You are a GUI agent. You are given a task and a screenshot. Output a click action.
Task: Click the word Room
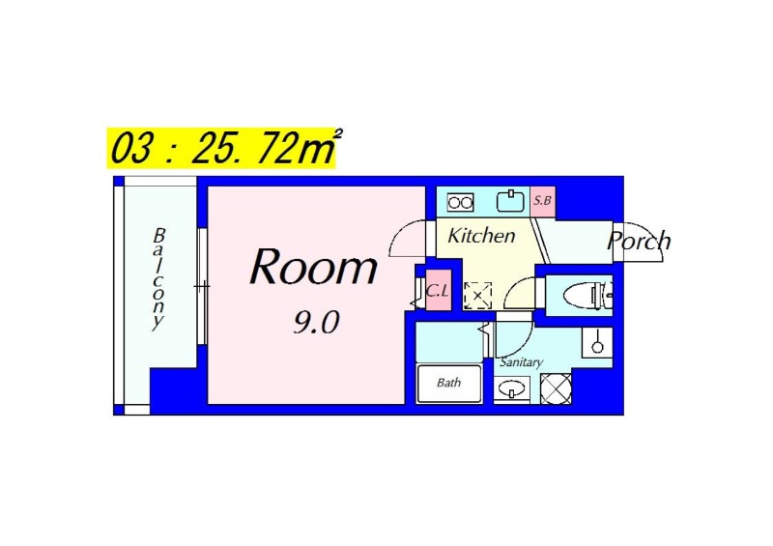pyautogui.click(x=314, y=267)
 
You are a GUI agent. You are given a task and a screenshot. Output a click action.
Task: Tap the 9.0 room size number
pyautogui.click(x=316, y=323)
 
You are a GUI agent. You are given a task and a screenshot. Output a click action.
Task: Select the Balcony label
pyautogui.click(x=158, y=278)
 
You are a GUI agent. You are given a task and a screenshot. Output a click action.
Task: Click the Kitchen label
pyautogui.click(x=481, y=236)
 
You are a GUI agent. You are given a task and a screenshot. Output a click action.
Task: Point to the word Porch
pyautogui.click(x=639, y=241)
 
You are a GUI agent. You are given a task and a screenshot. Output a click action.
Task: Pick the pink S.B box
pyautogui.click(x=543, y=201)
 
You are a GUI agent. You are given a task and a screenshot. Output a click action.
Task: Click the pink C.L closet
pyautogui.click(x=439, y=291)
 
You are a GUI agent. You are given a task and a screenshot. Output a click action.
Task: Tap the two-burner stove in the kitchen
pyautogui.click(x=461, y=202)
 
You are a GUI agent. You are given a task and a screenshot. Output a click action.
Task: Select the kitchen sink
pyautogui.click(x=510, y=201)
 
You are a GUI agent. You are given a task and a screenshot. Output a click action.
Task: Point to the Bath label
pyautogui.click(x=448, y=383)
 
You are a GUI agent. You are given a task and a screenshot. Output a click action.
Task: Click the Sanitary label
pyautogui.click(x=521, y=362)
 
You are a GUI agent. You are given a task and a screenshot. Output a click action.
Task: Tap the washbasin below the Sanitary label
pyautogui.click(x=512, y=389)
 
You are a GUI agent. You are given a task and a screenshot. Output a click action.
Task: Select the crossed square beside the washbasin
pyautogui.click(x=557, y=388)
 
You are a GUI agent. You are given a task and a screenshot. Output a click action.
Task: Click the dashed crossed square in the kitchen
pyautogui.click(x=477, y=296)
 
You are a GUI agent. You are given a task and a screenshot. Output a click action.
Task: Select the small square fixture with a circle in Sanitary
pyautogui.click(x=597, y=342)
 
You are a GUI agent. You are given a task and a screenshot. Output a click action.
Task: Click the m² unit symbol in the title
pyautogui.click(x=319, y=147)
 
